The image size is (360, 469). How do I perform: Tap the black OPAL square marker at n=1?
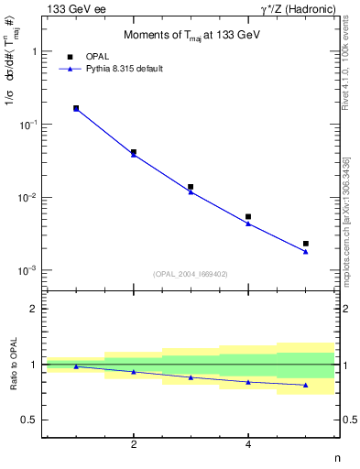pos(76,108)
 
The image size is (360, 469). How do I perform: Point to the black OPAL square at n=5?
pos(306,244)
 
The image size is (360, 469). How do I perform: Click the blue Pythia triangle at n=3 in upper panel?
pos(191,191)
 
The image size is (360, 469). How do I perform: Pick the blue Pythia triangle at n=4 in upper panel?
pos(248,224)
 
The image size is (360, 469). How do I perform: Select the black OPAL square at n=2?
pos(134,152)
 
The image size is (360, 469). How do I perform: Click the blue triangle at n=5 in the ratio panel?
pos(306,385)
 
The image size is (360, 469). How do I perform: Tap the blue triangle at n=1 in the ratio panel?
pos(76,366)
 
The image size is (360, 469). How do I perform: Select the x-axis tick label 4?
pos(248,445)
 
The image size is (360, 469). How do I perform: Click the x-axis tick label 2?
pos(134,445)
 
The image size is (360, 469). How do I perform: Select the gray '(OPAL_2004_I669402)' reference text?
pos(191,273)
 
